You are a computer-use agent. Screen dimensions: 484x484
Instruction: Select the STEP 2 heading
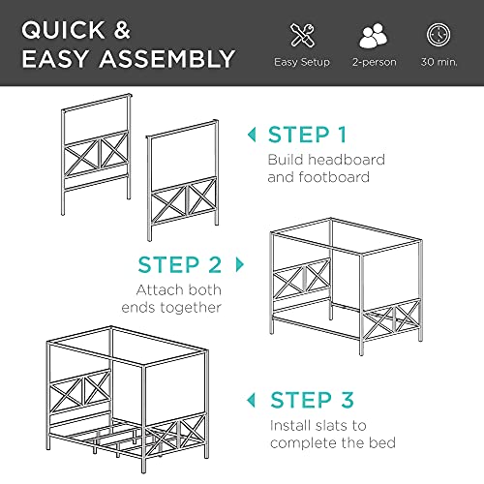179,264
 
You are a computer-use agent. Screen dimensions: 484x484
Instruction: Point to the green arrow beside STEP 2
239,263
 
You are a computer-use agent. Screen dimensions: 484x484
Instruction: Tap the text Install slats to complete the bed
332,433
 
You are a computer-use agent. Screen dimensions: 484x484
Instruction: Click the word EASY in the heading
57,60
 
